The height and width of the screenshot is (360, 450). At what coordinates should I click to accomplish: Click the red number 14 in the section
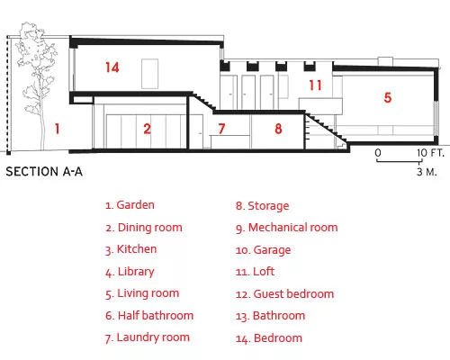click(x=112, y=67)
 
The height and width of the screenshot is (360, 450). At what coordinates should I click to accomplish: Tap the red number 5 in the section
click(x=388, y=97)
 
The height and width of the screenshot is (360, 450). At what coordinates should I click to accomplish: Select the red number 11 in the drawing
click(x=316, y=85)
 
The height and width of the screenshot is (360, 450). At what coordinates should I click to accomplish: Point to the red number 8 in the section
click(x=278, y=129)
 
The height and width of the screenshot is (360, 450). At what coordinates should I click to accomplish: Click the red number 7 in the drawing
click(x=221, y=129)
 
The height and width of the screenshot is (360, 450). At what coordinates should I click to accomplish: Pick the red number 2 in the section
click(x=147, y=129)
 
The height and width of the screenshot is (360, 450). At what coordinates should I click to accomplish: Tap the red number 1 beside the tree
click(x=57, y=129)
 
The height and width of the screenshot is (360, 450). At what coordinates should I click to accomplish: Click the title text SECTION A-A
click(x=44, y=172)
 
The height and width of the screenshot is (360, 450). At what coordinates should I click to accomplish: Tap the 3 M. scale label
click(x=427, y=172)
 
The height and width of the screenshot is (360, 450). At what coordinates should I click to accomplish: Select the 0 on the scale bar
click(x=378, y=153)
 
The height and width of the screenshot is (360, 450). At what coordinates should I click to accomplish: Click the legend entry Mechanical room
click(x=287, y=228)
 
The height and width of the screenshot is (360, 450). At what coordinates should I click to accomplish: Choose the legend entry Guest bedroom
click(x=284, y=294)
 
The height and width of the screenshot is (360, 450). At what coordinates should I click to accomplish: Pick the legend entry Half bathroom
click(x=149, y=316)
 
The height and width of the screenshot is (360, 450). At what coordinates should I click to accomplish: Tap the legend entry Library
click(x=130, y=272)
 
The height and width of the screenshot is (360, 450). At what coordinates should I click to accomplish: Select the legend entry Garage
click(x=264, y=250)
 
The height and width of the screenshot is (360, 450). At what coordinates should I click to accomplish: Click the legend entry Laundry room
click(x=148, y=337)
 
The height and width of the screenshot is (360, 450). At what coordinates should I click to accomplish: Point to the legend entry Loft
click(x=255, y=272)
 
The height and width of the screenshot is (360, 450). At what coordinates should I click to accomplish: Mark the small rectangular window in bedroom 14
click(x=150, y=74)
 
